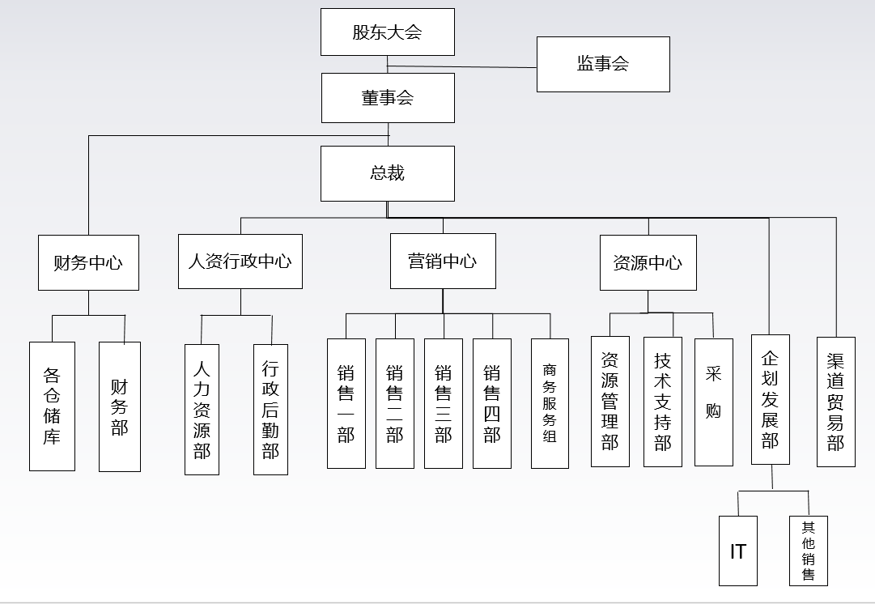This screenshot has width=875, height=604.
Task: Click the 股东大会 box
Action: (387, 32)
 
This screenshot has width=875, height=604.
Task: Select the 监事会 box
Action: (603, 64)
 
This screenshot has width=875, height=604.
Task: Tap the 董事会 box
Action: (388, 98)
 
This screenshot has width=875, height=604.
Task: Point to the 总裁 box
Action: (387, 173)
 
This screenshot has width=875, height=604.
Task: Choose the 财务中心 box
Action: (88, 262)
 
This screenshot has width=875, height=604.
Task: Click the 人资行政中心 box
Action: (240, 262)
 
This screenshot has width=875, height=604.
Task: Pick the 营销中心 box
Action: (443, 262)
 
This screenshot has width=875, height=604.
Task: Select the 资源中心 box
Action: (648, 262)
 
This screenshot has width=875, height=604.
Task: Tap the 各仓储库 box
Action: (52, 406)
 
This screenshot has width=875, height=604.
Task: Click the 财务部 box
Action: (120, 406)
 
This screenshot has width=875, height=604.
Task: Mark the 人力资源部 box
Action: (202, 409)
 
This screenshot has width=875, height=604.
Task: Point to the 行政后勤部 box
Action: (270, 409)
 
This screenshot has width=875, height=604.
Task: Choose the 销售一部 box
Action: (346, 403)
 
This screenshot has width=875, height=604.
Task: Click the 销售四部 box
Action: (492, 403)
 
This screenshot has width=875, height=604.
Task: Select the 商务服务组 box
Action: (550, 403)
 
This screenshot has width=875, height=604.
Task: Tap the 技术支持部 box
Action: (663, 402)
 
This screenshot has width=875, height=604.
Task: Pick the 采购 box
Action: (713, 402)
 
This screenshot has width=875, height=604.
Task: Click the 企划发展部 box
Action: (770, 399)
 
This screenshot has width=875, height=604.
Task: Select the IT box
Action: (738, 551)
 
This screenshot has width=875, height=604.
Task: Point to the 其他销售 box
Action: (809, 551)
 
